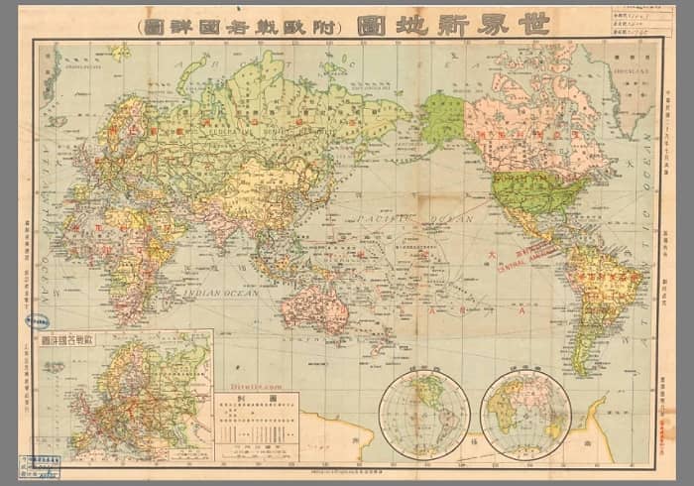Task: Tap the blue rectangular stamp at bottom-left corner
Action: tap(41, 466)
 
